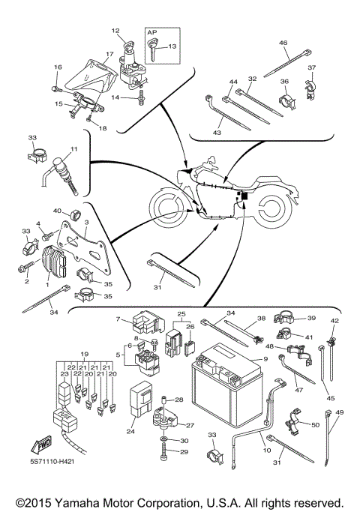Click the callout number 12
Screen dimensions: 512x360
(x=115, y=31)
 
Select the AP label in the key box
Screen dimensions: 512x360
(x=151, y=34)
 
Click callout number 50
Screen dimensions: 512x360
(x=314, y=425)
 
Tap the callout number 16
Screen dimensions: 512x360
(x=57, y=67)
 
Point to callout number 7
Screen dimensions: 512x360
(x=117, y=320)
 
